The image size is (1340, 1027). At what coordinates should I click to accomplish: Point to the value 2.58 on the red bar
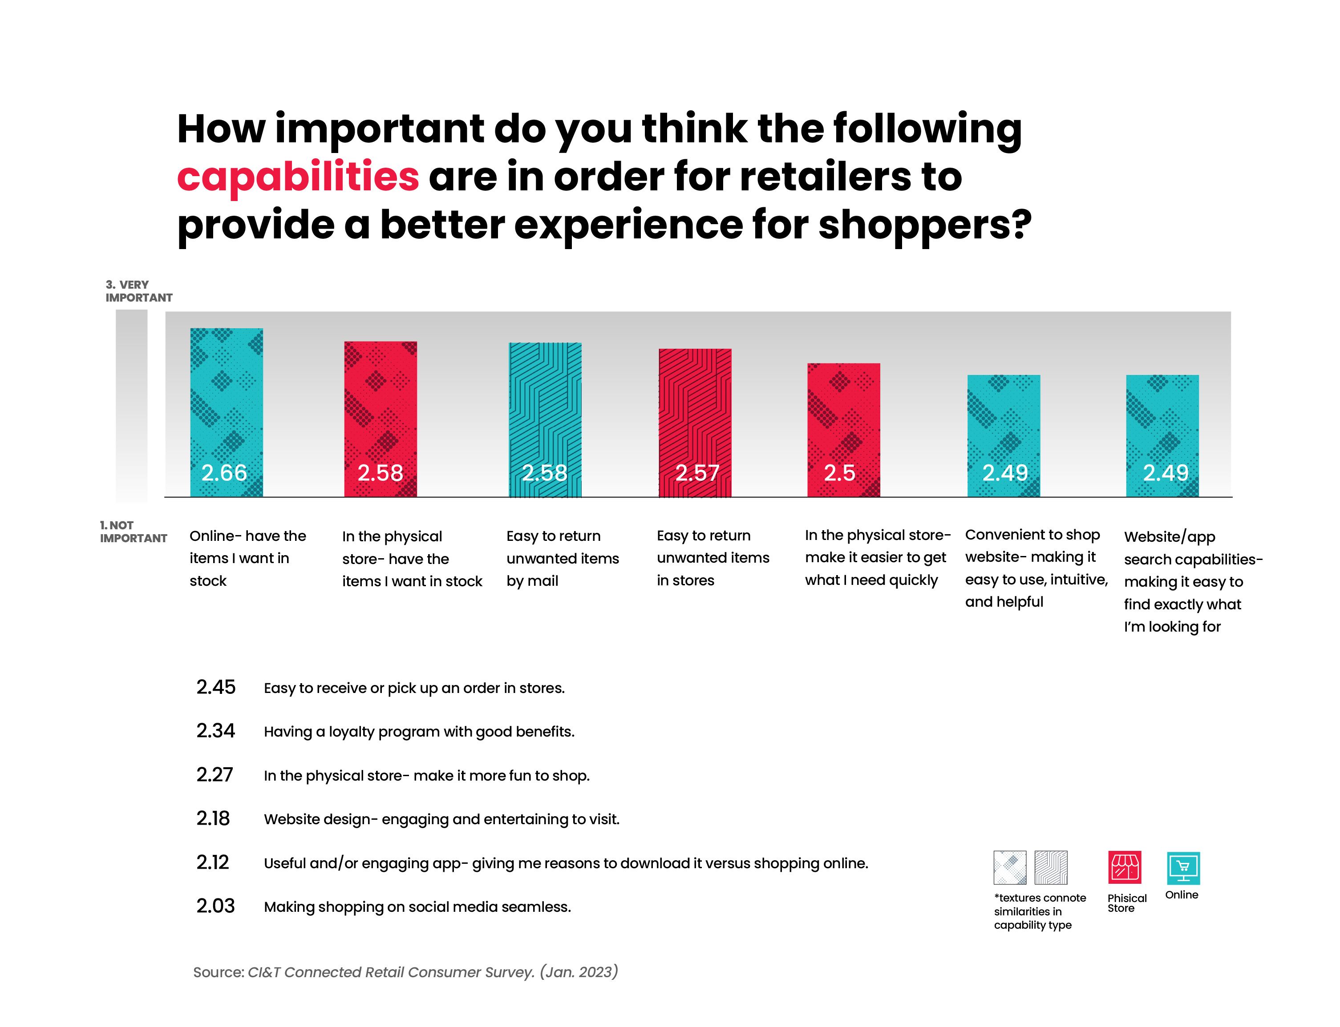(380, 472)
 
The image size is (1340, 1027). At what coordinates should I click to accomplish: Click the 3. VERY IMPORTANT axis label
(138, 291)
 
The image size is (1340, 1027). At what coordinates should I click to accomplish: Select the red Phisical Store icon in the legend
(1124, 867)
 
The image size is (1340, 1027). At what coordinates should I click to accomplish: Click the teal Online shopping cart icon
(1183, 867)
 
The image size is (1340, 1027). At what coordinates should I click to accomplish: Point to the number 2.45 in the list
(215, 687)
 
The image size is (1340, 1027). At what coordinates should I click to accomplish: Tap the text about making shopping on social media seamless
(417, 906)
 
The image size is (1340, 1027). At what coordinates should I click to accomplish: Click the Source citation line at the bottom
(405, 972)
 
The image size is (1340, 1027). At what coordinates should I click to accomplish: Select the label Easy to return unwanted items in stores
(713, 557)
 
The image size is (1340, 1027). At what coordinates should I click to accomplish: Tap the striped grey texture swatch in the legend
(1050, 867)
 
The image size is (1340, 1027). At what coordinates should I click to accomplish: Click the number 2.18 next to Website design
(213, 818)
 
